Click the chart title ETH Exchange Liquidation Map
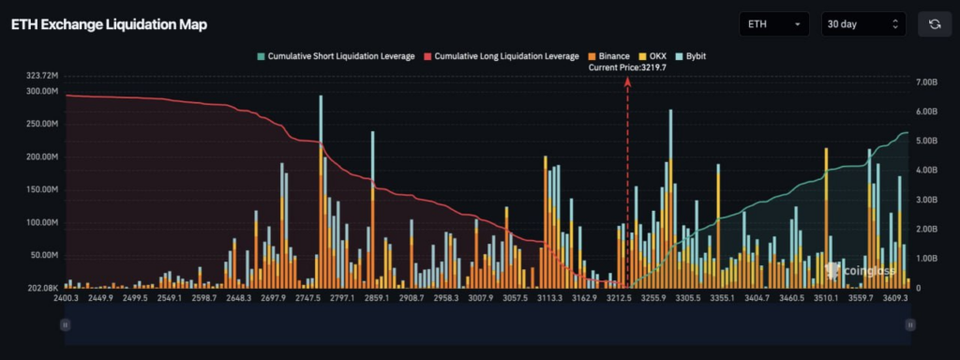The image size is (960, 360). (x=109, y=24)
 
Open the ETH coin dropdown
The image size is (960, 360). (x=774, y=24)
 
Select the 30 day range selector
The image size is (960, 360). (x=862, y=24)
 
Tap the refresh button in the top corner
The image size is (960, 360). (x=934, y=24)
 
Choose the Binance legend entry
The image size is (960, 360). (x=608, y=56)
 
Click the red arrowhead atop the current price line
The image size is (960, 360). (x=627, y=82)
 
